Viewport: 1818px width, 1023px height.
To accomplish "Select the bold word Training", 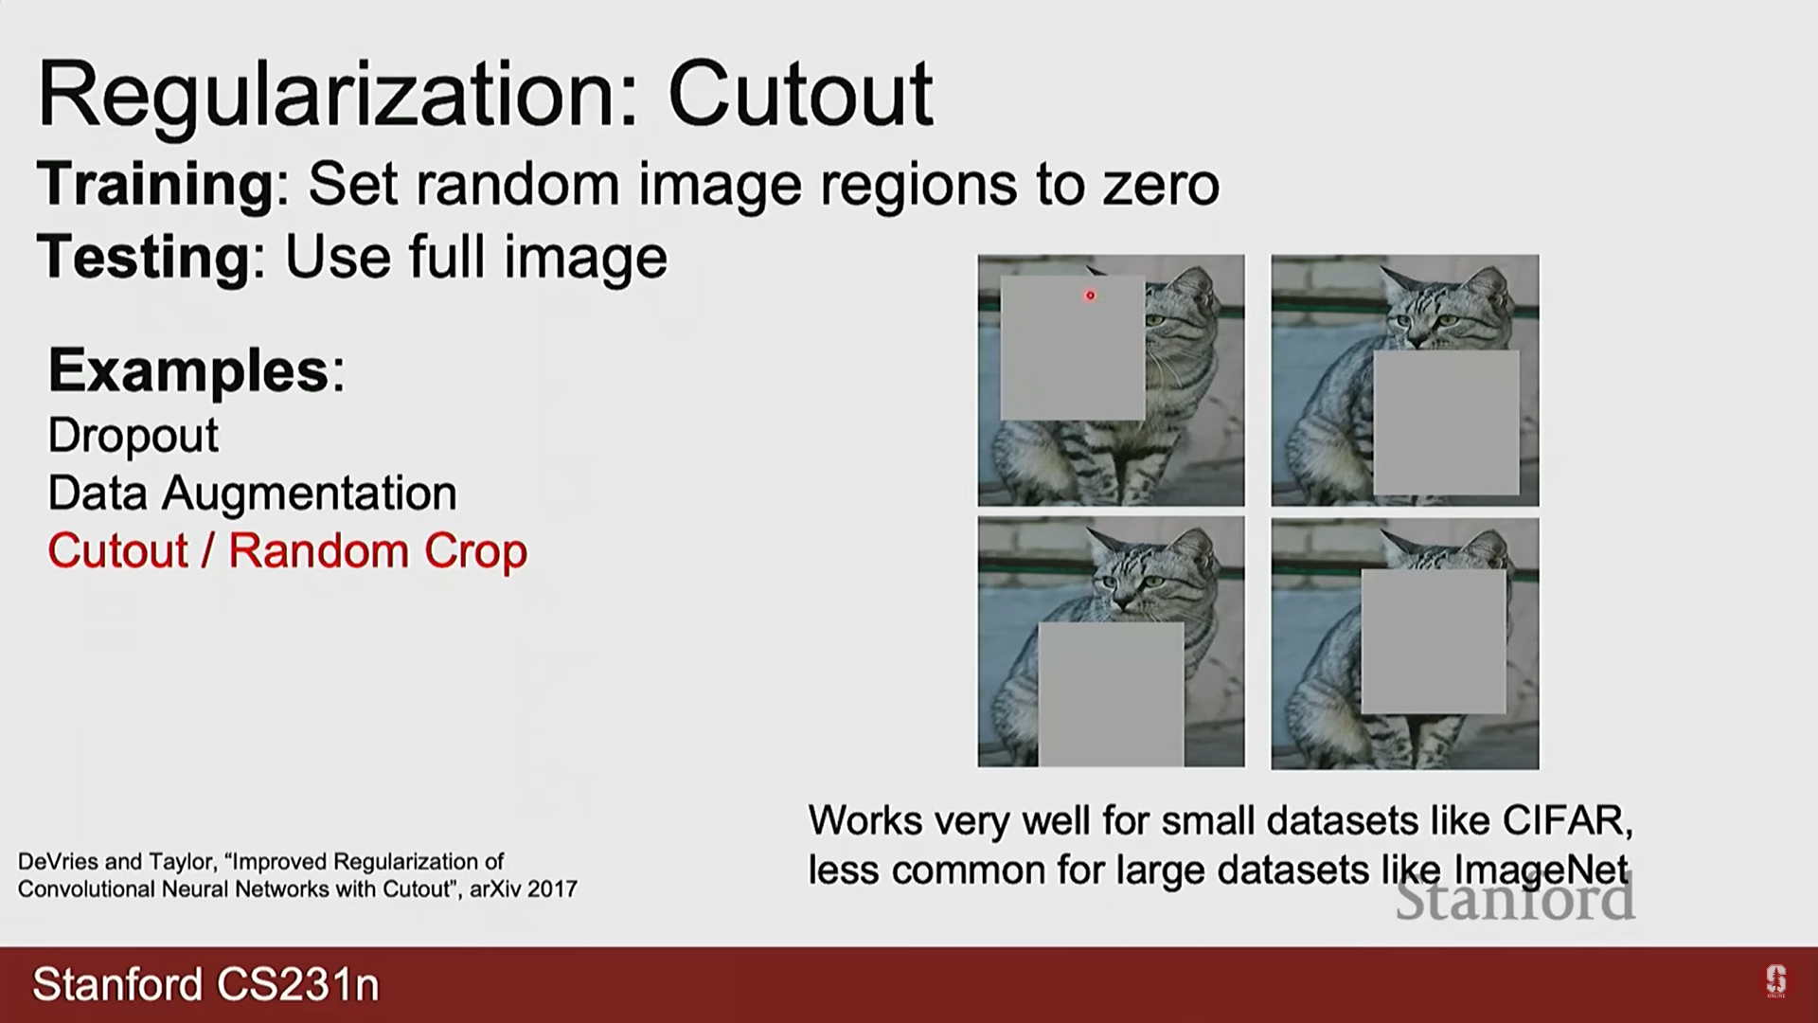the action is click(x=155, y=185).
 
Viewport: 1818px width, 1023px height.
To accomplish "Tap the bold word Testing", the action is click(x=143, y=258).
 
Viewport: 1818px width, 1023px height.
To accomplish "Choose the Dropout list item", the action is click(x=134, y=436).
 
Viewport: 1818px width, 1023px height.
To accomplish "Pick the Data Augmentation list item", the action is click(x=253, y=494).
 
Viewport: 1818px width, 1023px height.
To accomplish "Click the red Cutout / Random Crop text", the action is click(x=288, y=551).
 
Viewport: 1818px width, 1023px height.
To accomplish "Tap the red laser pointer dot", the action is click(x=1090, y=296).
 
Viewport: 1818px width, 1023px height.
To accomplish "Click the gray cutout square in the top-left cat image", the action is click(x=1073, y=348).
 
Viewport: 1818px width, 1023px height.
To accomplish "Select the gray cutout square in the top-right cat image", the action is click(x=1446, y=422).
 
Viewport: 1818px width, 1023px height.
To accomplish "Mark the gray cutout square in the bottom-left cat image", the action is click(x=1111, y=694).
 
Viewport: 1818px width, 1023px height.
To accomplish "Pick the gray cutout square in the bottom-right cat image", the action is click(x=1434, y=641).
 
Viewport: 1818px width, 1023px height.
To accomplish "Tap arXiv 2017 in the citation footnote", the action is click(x=524, y=889).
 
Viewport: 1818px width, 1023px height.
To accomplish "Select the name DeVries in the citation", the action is click(x=58, y=862).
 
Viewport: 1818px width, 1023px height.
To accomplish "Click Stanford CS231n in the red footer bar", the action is click(x=206, y=985).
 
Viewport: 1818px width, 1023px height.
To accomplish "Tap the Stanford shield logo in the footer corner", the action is click(x=1775, y=981).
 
